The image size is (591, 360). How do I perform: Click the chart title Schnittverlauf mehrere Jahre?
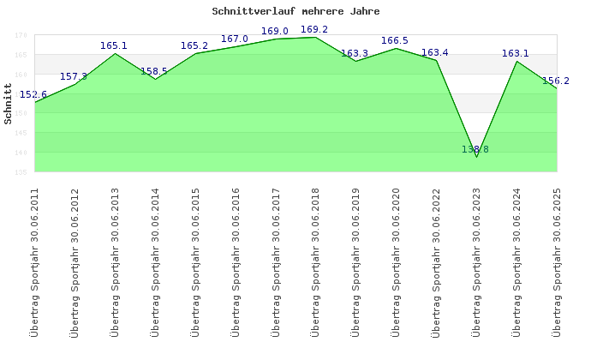(295, 12)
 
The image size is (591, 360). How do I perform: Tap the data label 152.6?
(33, 95)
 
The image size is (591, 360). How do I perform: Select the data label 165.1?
(114, 46)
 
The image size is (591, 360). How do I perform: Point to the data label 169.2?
(314, 30)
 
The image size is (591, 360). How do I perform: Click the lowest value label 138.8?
(475, 149)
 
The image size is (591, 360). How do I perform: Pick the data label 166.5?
(395, 40)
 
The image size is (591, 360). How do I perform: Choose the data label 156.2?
(556, 81)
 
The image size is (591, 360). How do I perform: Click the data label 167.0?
(235, 39)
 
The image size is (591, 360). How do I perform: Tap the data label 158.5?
(154, 71)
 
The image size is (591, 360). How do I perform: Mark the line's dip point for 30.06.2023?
(476, 157)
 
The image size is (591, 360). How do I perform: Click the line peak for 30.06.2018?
(315, 37)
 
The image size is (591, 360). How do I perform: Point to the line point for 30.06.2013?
(115, 53)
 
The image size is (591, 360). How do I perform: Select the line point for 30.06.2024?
(516, 61)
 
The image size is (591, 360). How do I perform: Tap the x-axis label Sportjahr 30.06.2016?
(236, 261)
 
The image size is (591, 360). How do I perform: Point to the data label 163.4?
(435, 53)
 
